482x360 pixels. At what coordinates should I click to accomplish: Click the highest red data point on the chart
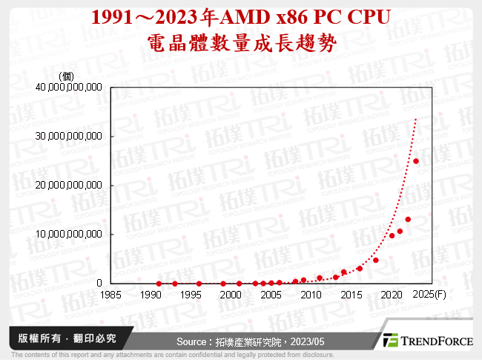(416, 161)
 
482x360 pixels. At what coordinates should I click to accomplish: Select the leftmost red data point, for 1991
(159, 284)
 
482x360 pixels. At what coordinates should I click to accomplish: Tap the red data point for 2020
(392, 235)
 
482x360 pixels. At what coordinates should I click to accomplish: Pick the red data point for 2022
(408, 220)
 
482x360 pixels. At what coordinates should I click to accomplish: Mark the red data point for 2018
(376, 261)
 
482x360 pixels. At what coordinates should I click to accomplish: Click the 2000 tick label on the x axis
(231, 294)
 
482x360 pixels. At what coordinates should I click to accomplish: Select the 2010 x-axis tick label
(311, 294)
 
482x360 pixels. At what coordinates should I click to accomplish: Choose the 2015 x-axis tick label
(351, 294)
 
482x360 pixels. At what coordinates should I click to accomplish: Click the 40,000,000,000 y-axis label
(69, 87)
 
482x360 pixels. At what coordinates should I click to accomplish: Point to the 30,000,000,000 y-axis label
(69, 136)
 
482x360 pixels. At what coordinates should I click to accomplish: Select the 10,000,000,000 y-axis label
(69, 234)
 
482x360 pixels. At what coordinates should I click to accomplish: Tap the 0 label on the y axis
(99, 283)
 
